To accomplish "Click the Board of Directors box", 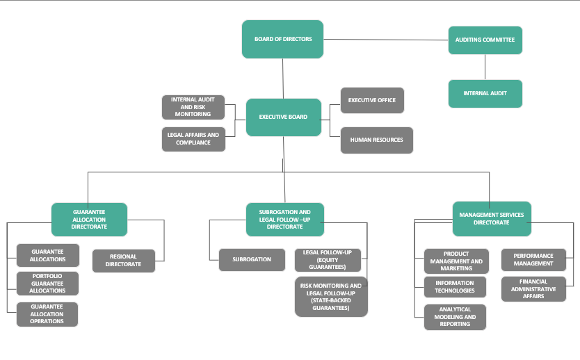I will (283, 39).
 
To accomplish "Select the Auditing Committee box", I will (485, 40).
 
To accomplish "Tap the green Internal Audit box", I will (485, 93).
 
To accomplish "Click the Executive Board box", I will (283, 117).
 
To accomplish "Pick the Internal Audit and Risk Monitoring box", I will (193, 106).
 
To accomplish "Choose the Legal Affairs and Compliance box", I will (193, 139).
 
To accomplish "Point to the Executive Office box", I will (372, 100).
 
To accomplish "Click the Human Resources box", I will (376, 140).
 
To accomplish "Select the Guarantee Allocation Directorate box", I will (89, 220).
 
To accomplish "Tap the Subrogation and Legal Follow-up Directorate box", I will (285, 219).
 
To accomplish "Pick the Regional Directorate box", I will (124, 261).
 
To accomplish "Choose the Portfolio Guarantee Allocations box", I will (47, 283).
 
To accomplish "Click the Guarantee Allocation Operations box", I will (47, 314).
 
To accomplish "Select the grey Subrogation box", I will (252, 259).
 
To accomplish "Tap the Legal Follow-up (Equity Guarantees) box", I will (327, 259).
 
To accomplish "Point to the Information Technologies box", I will (455, 287).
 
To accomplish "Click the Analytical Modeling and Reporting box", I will (455, 317).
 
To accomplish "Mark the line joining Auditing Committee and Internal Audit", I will (485, 67).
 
